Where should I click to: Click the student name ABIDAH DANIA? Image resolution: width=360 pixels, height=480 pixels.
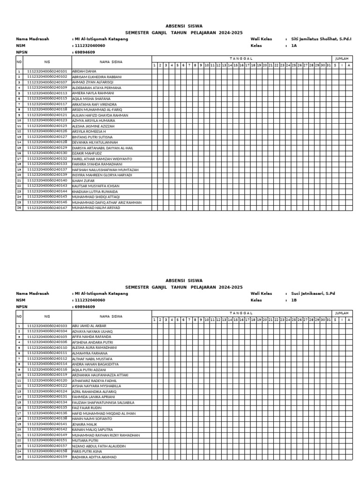click(x=84, y=71)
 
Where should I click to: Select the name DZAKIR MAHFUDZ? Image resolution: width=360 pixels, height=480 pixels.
click(x=87, y=153)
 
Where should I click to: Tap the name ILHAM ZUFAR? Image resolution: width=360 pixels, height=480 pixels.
click(x=83, y=180)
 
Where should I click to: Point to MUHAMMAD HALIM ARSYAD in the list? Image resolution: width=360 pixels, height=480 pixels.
click(x=96, y=208)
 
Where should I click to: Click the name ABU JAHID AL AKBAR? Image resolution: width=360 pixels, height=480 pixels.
click(x=89, y=325)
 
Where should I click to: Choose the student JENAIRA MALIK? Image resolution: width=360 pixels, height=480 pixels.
click(x=85, y=424)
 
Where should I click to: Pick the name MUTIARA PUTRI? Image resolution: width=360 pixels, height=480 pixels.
click(x=85, y=440)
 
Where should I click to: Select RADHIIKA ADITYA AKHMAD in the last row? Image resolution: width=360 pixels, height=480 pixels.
click(x=94, y=457)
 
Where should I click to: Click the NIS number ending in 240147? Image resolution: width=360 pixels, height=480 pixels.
click(x=47, y=208)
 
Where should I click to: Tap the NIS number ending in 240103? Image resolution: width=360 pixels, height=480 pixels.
click(x=47, y=325)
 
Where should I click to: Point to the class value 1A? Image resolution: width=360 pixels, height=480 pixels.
click(x=294, y=46)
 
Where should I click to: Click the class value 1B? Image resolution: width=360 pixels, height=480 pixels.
click(x=294, y=300)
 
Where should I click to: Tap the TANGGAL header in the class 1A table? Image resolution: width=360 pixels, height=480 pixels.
click(x=242, y=58)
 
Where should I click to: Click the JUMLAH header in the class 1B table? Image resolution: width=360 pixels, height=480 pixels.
click(x=342, y=313)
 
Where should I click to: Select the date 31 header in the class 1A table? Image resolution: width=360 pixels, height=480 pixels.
click(x=329, y=65)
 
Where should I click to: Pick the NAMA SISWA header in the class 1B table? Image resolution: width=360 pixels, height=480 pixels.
click(x=111, y=316)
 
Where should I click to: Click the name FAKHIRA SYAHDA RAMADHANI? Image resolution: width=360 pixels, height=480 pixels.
click(x=97, y=164)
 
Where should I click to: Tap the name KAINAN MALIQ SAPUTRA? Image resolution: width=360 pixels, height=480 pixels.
click(x=92, y=429)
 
